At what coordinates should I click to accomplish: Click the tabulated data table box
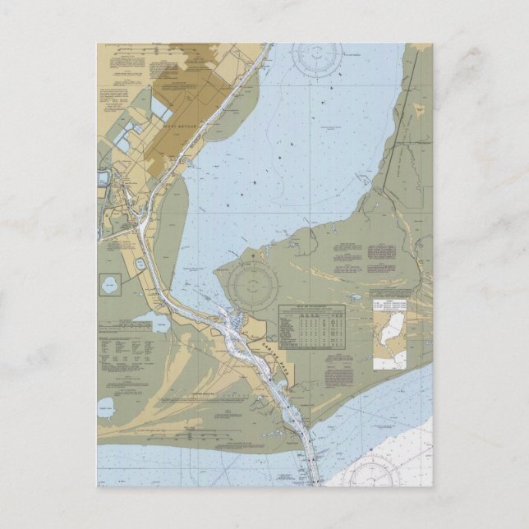tap(312, 324)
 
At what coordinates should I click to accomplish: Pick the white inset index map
tap(389, 329)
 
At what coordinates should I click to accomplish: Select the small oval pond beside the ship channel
tap(140, 264)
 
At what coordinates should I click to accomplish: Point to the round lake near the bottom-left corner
tap(106, 405)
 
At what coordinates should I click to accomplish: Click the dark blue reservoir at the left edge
tap(102, 177)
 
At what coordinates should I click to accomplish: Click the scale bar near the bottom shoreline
tap(191, 427)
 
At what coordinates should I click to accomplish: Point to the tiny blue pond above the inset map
tap(356, 298)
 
